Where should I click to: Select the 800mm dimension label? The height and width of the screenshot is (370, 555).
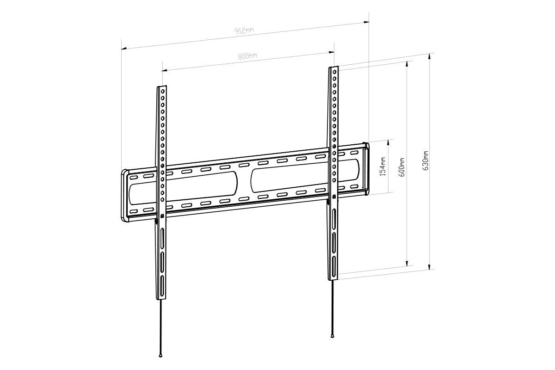[x=247, y=56]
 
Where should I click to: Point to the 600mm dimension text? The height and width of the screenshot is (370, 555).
[x=402, y=167]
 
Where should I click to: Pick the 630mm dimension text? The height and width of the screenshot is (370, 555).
[x=425, y=160]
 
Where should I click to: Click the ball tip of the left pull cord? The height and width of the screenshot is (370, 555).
[x=160, y=355]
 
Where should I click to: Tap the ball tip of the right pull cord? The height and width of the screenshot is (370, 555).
[x=333, y=337]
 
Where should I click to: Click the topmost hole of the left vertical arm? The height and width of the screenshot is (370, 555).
[x=162, y=92]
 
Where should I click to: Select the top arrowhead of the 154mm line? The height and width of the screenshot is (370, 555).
[x=388, y=141]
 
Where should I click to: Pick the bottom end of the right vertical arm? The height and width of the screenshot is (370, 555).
[x=333, y=278]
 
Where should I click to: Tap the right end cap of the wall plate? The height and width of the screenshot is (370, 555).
[x=367, y=169]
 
